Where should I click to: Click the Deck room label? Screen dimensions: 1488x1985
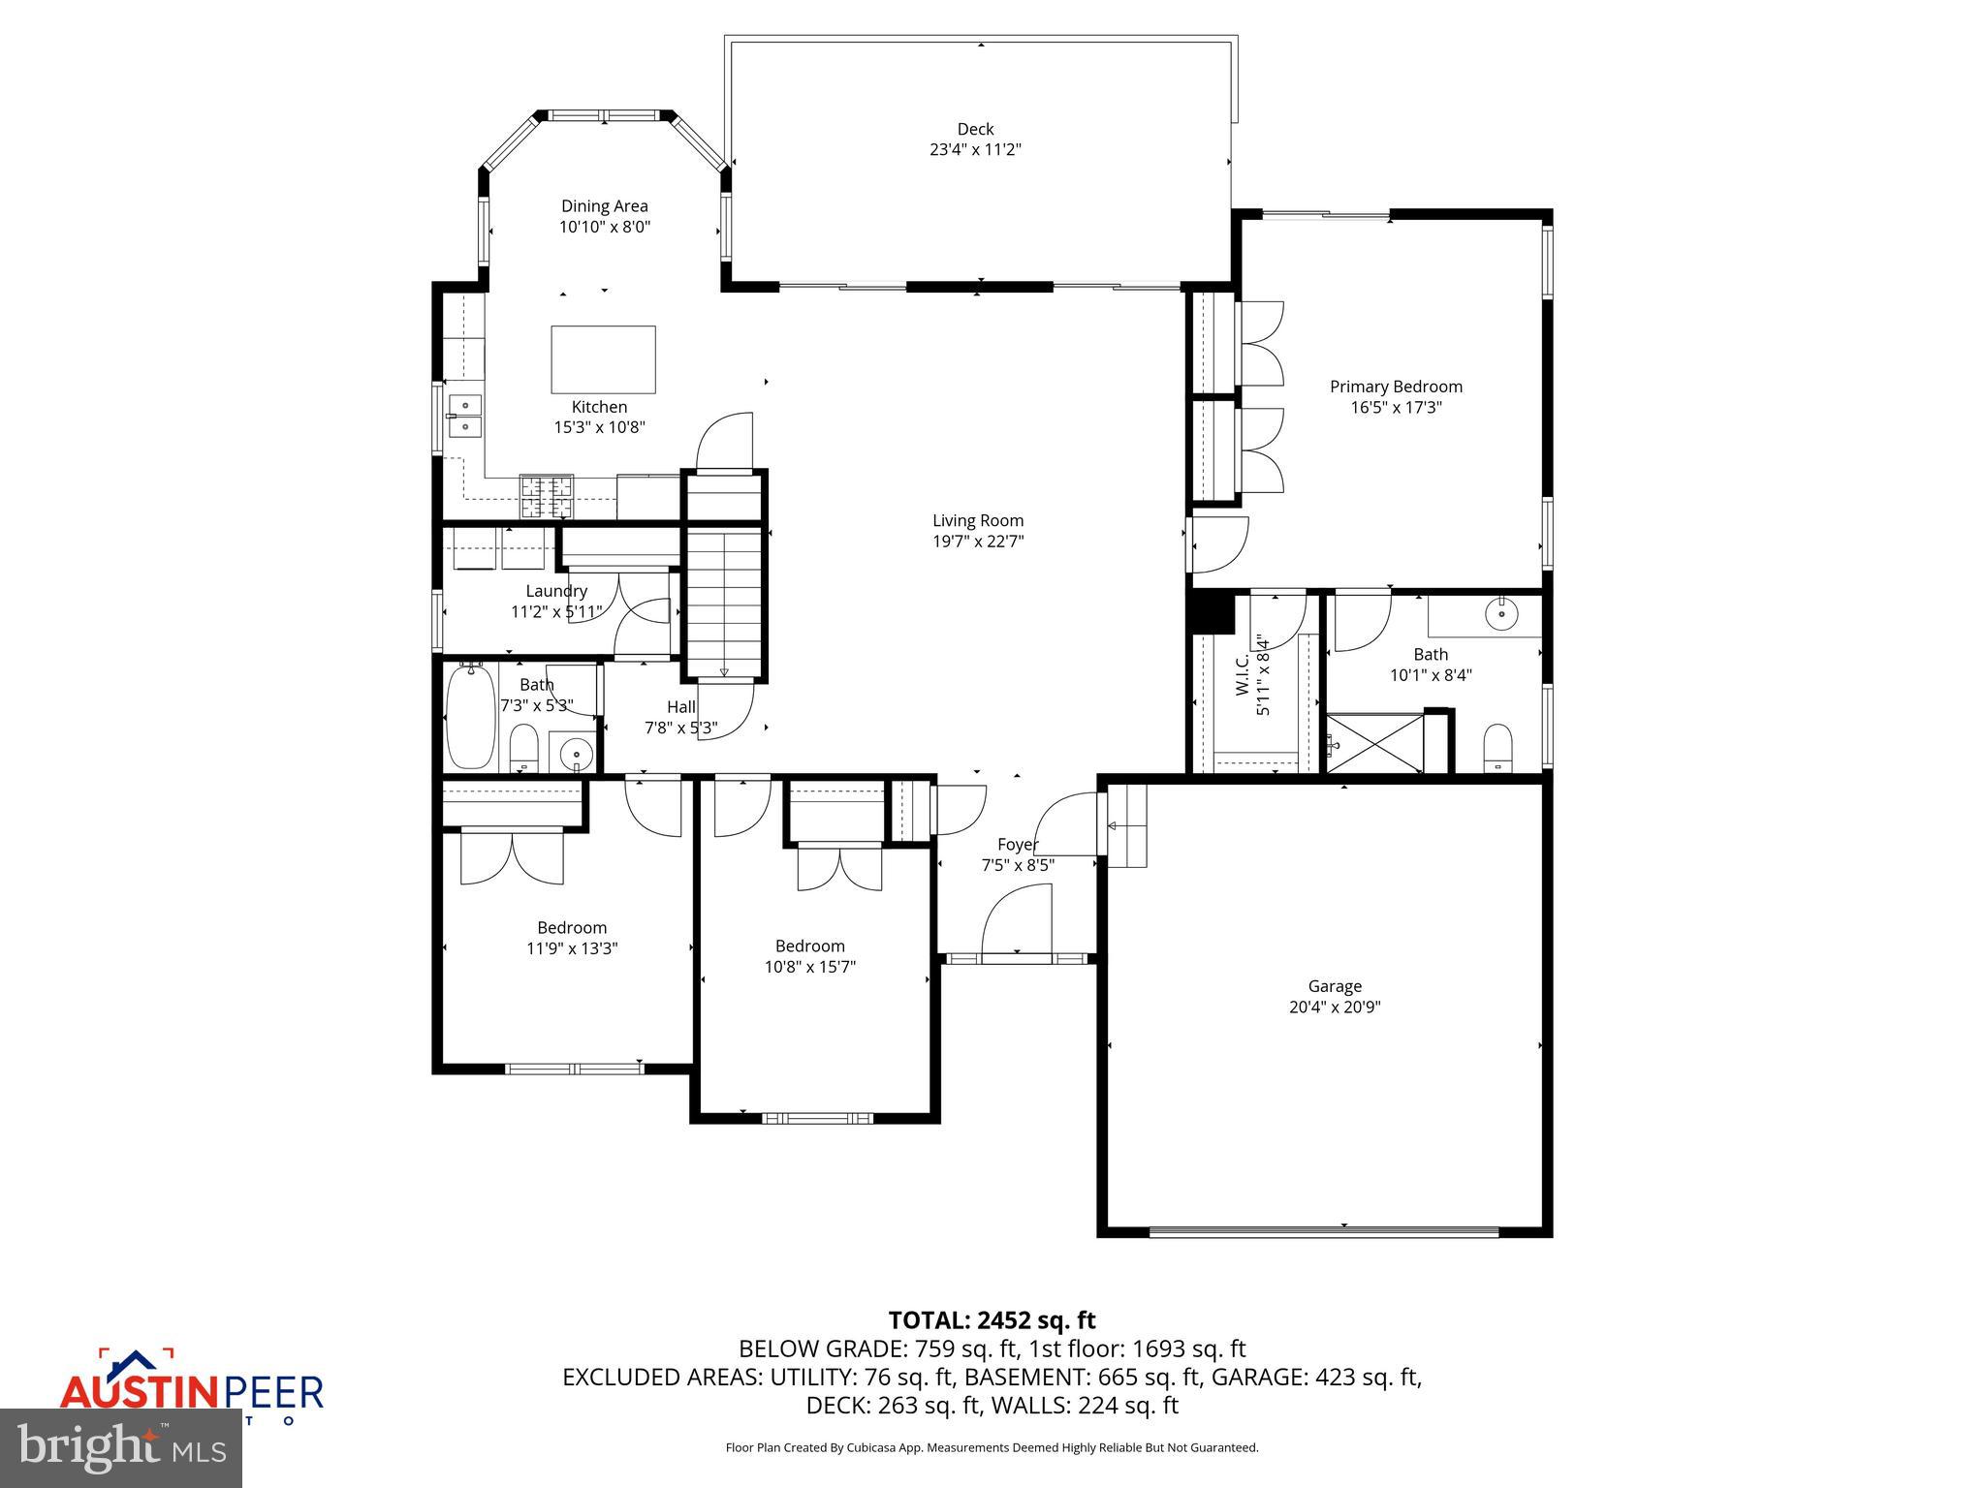click(x=975, y=129)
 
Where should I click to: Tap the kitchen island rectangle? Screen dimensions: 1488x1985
click(x=603, y=358)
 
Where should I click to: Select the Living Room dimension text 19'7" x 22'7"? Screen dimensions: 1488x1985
click(x=978, y=542)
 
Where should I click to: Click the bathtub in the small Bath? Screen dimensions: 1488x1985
click(x=470, y=717)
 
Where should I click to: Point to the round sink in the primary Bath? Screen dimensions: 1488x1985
click(x=1501, y=614)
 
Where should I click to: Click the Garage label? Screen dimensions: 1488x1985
click(x=1335, y=986)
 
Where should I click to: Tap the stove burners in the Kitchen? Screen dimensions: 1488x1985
click(x=547, y=496)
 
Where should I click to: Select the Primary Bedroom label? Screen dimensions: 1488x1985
click(x=1396, y=387)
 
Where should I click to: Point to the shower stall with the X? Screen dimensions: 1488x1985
click(x=1374, y=743)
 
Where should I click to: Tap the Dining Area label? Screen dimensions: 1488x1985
click(x=604, y=206)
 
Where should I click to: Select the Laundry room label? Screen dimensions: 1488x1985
click(x=556, y=591)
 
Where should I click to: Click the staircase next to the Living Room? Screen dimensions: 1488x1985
click(x=724, y=601)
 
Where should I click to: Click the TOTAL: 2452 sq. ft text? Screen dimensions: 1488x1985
click(x=992, y=1320)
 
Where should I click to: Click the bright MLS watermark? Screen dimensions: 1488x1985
click(x=121, y=1447)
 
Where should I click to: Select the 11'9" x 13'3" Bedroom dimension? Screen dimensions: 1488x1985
click(x=572, y=948)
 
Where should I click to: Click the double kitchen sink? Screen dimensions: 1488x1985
click(x=464, y=415)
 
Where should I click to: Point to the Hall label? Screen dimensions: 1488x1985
click(x=680, y=707)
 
